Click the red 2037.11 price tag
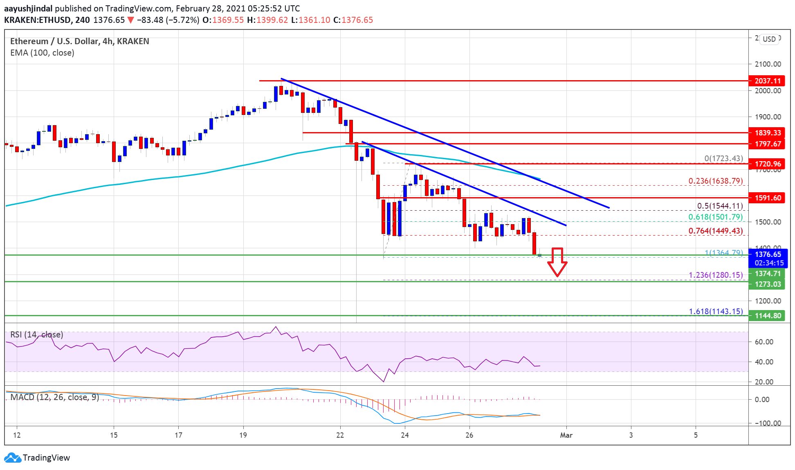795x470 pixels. coord(767,81)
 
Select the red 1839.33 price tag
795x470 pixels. coord(767,133)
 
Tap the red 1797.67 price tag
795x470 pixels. coord(767,144)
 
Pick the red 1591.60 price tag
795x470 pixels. coord(767,198)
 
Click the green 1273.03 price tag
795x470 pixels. coord(767,284)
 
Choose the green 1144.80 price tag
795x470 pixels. coord(767,316)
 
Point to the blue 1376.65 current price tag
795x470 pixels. coord(768,254)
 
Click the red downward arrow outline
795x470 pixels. coord(557,262)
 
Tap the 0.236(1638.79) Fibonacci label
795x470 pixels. coord(716,181)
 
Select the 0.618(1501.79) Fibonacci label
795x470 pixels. coord(716,217)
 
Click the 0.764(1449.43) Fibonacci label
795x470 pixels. coord(716,231)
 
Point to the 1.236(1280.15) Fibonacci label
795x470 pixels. coord(716,275)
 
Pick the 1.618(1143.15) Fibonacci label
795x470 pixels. coord(716,312)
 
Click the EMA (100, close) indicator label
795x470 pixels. coord(42,53)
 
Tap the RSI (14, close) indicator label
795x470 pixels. coord(37,335)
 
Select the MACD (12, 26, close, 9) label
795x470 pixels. coord(55,397)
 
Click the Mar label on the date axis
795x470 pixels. coord(566,435)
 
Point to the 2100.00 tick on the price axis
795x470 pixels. coord(768,64)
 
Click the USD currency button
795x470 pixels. coord(769,39)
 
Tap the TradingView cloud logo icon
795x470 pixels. coord(13,458)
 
